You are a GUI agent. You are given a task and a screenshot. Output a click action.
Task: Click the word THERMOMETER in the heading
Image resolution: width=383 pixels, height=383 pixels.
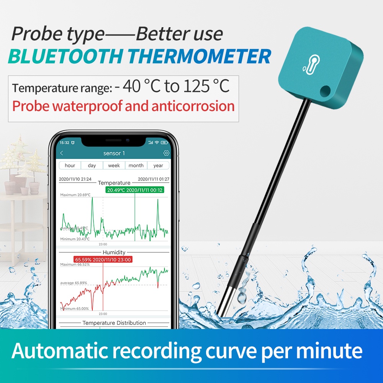[x=199, y=57]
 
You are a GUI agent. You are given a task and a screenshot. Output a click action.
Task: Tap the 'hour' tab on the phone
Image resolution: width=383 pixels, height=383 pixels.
[x=70, y=165]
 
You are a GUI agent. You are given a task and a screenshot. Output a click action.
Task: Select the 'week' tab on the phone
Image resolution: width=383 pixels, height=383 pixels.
[x=114, y=165]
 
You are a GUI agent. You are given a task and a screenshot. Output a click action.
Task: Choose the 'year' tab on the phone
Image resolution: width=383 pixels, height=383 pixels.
[x=158, y=165]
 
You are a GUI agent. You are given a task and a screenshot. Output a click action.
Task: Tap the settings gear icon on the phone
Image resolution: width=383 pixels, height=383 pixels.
[x=166, y=153]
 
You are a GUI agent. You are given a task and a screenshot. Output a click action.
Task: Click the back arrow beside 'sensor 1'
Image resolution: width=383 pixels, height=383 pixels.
[x=62, y=153]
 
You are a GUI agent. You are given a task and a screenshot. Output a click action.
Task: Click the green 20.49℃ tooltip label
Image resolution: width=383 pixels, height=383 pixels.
[x=134, y=190]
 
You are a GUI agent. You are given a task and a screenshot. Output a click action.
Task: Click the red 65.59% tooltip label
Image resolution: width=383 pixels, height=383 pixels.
[x=103, y=259]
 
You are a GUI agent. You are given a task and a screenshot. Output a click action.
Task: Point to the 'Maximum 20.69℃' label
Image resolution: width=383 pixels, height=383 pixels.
[x=75, y=195]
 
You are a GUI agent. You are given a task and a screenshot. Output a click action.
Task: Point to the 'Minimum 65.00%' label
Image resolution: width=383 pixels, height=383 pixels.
[x=75, y=308]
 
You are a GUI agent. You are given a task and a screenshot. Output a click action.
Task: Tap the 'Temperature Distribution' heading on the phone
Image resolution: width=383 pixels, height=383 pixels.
[x=114, y=323]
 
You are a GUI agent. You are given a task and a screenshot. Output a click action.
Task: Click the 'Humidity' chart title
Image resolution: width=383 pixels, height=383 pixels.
[x=114, y=252]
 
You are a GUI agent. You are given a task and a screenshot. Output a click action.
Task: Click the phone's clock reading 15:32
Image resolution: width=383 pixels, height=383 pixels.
[x=64, y=142]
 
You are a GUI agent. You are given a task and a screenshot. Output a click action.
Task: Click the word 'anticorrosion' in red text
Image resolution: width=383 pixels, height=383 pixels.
[x=193, y=106]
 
